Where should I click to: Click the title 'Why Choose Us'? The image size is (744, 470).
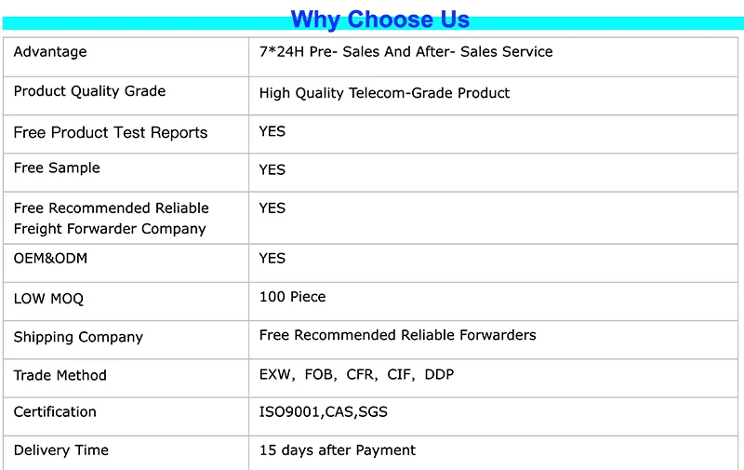point(379,19)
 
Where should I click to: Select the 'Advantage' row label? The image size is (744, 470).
point(50,52)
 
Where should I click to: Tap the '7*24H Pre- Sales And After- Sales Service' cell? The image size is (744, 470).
point(405,52)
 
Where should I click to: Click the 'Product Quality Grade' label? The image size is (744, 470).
point(89,91)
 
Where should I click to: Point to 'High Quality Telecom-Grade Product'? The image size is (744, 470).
point(384,93)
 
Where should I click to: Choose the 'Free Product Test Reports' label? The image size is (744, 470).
point(111,132)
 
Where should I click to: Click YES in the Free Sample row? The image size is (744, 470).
point(272,169)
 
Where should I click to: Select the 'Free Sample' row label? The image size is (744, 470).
point(57,168)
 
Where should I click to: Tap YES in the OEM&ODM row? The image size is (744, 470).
point(272,258)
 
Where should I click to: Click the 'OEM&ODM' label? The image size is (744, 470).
point(50,258)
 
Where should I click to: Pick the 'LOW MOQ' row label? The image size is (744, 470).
point(48,299)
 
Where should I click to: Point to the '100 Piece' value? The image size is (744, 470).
point(292,297)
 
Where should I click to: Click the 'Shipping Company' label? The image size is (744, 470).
point(78,337)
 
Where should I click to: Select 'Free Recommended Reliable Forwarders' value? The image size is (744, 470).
point(397,335)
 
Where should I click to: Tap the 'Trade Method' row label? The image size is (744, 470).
point(60,375)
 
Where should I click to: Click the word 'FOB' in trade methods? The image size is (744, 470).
point(319,375)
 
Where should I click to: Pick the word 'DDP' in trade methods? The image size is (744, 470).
point(439,375)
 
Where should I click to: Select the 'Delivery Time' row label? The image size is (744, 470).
point(60,450)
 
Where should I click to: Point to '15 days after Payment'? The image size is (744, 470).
point(337,450)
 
